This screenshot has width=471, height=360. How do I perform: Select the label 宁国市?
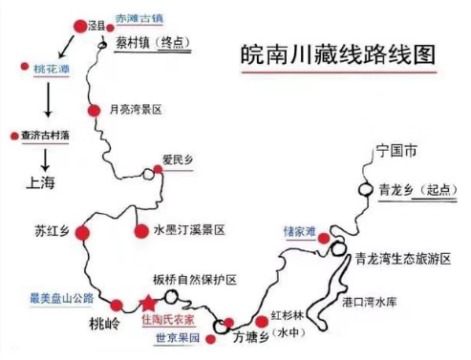point(396,151)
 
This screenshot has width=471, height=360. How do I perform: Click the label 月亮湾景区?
point(138,111)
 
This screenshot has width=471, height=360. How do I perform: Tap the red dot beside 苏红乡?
point(83,232)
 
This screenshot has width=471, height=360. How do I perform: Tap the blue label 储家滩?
point(300,230)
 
